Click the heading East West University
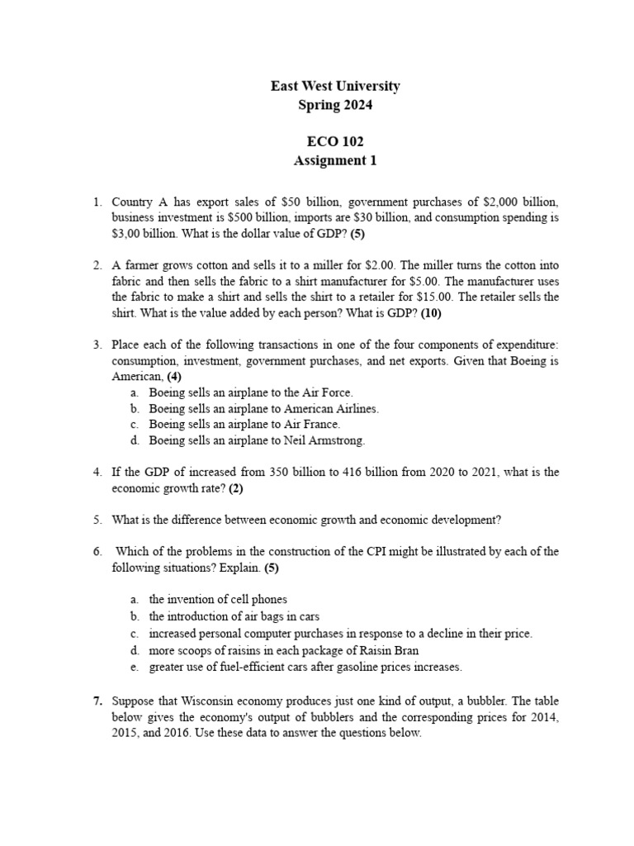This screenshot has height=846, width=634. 335,86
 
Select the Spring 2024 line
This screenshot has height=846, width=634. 335,105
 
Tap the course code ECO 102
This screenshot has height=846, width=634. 335,142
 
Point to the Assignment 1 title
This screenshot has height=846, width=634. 335,161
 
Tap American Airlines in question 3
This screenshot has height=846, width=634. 331,408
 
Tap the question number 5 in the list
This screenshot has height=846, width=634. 97,520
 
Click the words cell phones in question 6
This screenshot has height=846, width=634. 258,600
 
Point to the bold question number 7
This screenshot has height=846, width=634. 97,701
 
